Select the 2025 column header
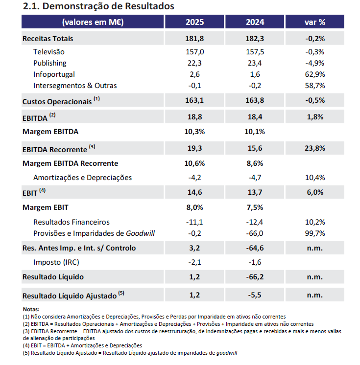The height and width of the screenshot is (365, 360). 195,22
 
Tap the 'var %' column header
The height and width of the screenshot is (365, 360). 315,22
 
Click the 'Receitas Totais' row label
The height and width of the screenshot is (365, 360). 48,39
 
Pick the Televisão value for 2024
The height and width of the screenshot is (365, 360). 255,52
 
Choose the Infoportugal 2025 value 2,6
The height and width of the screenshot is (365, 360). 195,74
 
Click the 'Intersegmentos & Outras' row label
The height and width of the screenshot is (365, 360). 75,86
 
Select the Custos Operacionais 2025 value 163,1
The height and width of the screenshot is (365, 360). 195,101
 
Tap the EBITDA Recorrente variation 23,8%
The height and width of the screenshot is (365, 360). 315,148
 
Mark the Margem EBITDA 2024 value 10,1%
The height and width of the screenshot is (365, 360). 255,132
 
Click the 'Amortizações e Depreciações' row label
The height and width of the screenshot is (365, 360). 82,178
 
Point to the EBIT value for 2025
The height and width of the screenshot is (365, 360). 195,192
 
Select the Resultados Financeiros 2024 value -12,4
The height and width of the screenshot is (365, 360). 255,222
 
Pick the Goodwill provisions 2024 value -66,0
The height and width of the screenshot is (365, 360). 255,233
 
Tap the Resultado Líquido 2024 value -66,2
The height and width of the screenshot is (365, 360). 255,277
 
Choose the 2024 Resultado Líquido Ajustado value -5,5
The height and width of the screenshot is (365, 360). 255,295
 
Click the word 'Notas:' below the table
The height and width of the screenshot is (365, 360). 31,309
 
